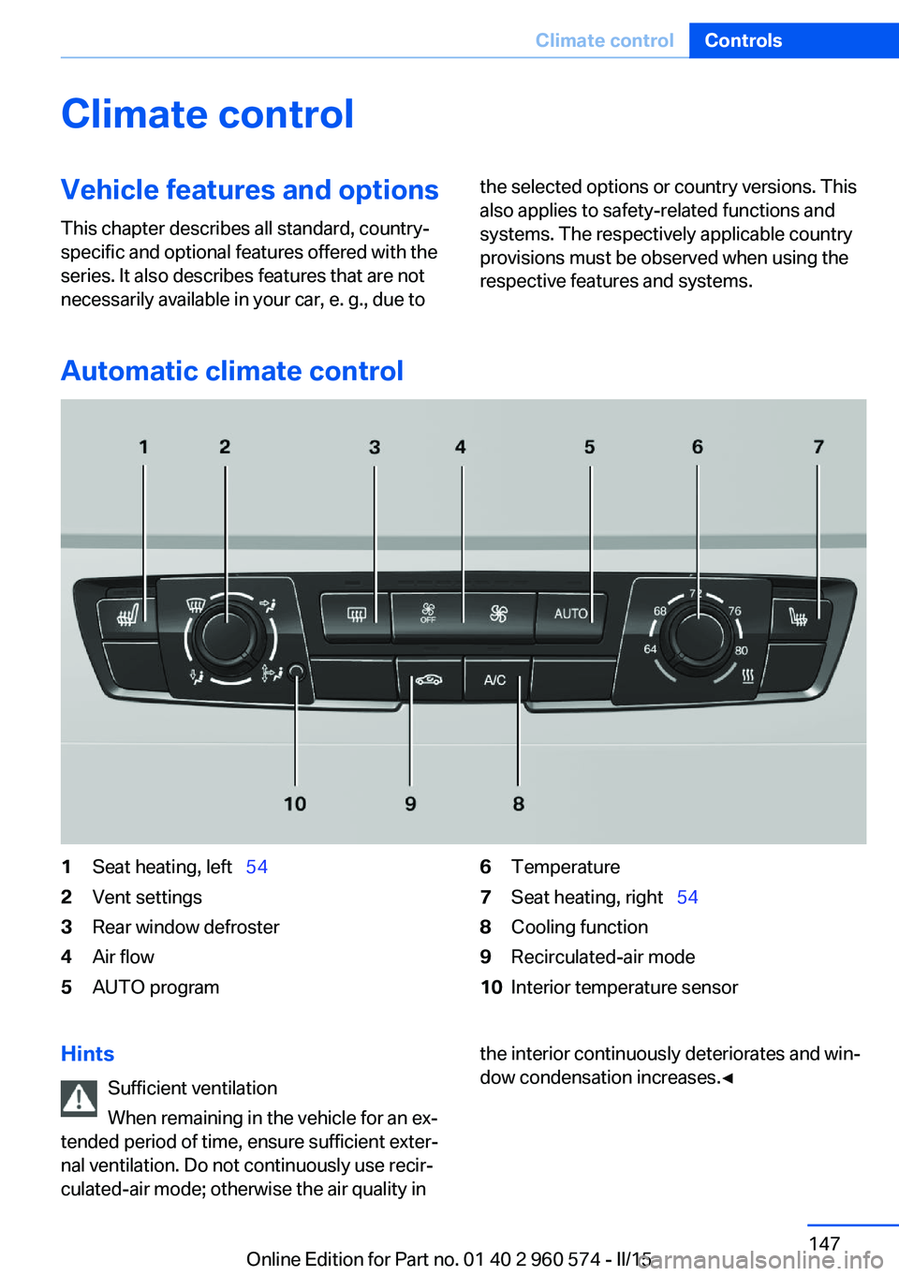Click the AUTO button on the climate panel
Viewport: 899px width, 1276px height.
(570, 615)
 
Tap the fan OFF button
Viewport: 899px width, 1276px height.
(428, 614)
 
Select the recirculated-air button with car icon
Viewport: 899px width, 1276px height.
(429, 679)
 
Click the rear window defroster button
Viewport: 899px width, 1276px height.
(357, 615)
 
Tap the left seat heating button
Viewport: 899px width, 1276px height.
(128, 617)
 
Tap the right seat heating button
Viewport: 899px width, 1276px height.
(798, 617)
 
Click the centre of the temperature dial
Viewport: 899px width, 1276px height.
(697, 634)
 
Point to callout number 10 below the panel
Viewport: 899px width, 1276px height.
(295, 804)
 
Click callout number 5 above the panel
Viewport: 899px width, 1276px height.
(590, 447)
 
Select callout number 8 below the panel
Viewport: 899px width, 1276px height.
(519, 804)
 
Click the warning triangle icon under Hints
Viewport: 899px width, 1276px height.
(80, 1098)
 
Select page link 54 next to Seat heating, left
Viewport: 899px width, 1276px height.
(257, 867)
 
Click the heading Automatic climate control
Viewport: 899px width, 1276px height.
(232, 371)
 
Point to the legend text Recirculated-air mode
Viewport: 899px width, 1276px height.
(603, 957)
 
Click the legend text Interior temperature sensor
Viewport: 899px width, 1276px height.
(625, 987)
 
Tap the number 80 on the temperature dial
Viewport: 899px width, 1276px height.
(742, 650)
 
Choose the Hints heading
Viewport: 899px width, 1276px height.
(88, 1054)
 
